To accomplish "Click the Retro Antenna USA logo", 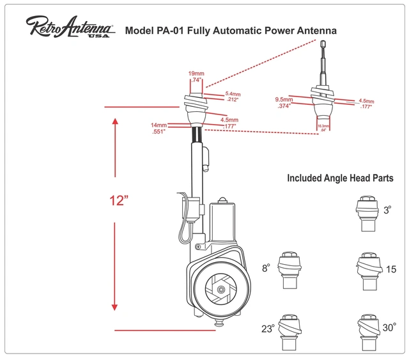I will [70, 27].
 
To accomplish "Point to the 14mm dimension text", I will [158, 125].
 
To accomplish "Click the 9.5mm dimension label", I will [284, 100].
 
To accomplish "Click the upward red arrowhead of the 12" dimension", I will [115, 121].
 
